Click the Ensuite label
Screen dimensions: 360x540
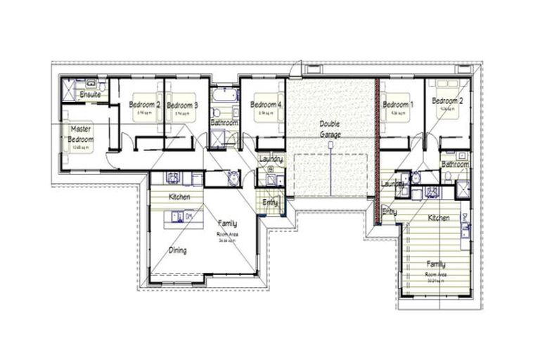pos(90,94)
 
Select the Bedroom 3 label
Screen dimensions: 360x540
pos(182,105)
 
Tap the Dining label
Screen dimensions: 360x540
pos(177,250)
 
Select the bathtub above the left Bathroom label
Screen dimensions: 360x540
pos(224,96)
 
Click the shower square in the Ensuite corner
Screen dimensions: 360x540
pos(69,89)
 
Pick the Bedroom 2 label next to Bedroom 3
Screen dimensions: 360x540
pos(145,105)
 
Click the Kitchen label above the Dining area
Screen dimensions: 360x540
pos(179,197)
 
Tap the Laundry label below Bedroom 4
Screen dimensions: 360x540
pos(271,160)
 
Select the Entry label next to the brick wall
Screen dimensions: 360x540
pos(389,211)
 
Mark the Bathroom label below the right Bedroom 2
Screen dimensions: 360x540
pos(455,164)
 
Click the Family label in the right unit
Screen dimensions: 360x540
pos(436,264)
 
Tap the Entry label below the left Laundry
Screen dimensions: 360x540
pos(270,202)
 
